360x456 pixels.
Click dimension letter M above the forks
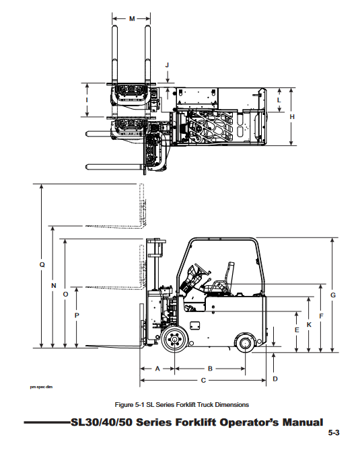point(132,19)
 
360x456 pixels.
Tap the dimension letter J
point(167,65)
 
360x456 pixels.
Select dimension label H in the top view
point(292,116)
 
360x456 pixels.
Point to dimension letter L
point(279,100)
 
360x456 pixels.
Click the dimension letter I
point(86,100)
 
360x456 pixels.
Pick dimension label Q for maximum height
point(42,264)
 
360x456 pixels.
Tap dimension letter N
point(54,286)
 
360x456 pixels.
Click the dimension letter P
point(77,315)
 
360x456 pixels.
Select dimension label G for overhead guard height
point(333,295)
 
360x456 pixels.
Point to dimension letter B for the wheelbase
point(210,369)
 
